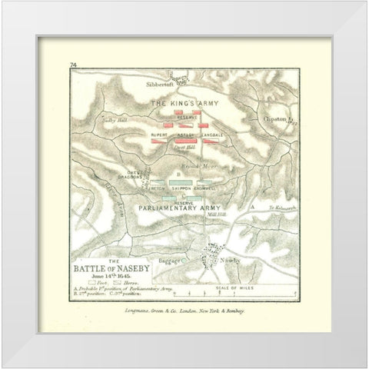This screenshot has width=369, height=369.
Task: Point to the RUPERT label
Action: pos(159,135)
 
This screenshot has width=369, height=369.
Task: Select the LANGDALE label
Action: pos(211,135)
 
